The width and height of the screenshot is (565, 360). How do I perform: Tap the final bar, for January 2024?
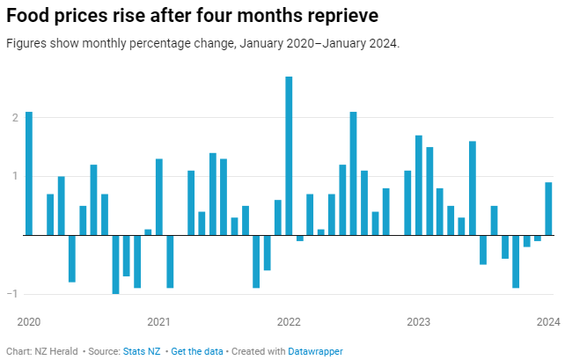click(x=548, y=209)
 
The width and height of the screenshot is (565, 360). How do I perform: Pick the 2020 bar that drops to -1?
click(x=115, y=264)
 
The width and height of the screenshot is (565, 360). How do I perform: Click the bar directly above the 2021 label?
click(x=159, y=197)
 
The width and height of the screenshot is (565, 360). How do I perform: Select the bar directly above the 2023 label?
click(x=419, y=186)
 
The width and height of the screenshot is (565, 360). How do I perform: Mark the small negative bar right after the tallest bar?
click(x=299, y=238)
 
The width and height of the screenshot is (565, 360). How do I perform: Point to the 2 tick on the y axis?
click(x=14, y=117)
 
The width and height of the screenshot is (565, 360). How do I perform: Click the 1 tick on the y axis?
click(x=14, y=176)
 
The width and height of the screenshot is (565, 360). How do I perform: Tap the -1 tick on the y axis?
click(x=12, y=294)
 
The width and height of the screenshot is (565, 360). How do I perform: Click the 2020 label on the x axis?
click(x=29, y=321)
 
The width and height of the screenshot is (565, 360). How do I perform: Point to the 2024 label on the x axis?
click(x=547, y=321)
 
